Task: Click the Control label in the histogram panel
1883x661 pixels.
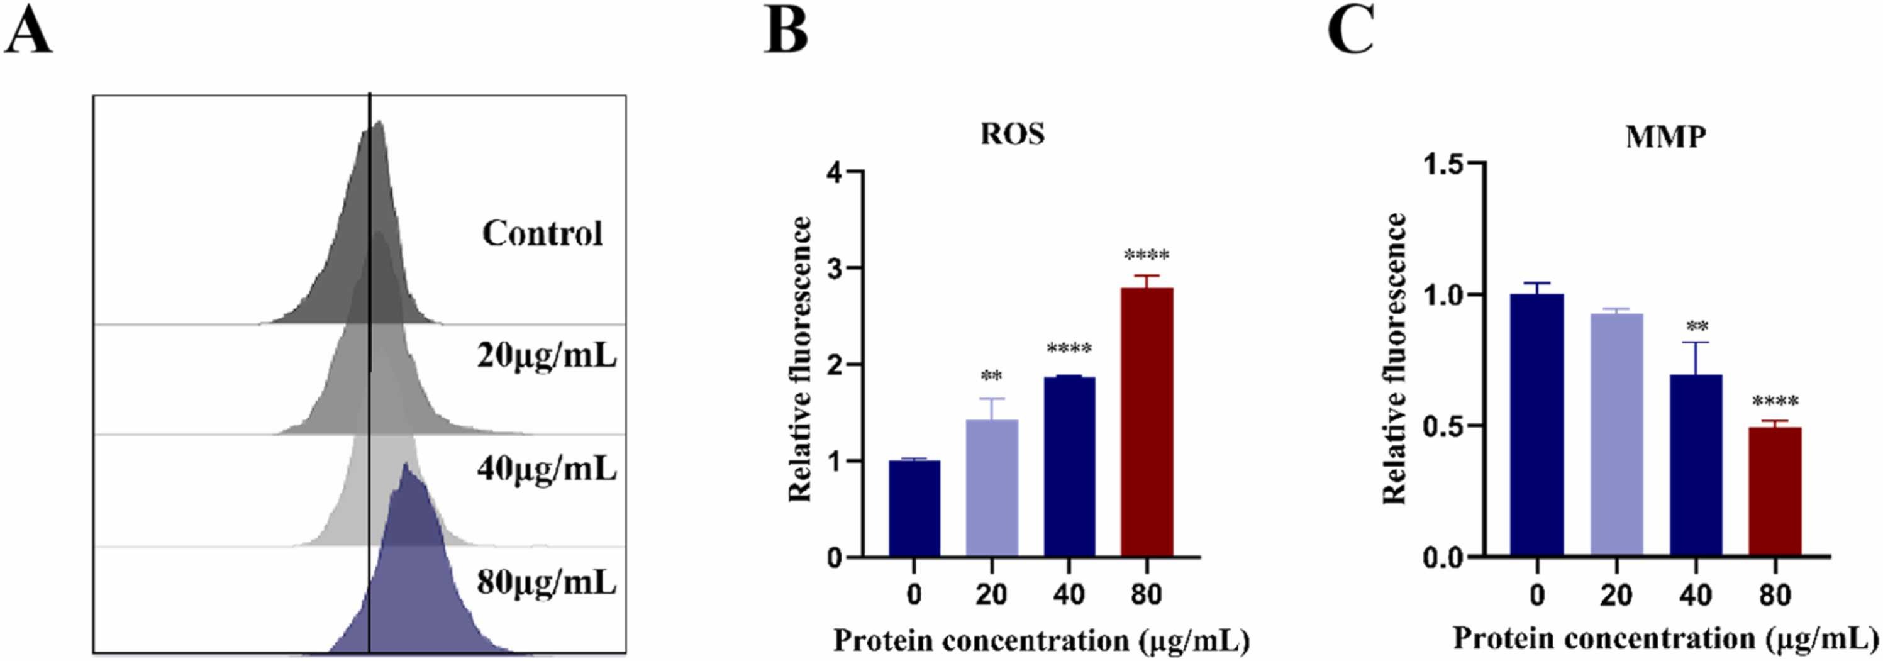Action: click(542, 234)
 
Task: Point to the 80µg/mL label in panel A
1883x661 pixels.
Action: click(547, 583)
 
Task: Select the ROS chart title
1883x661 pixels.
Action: click(1013, 134)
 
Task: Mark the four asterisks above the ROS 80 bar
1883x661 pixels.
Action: click(1146, 255)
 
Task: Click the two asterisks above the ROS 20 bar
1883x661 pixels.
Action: click(991, 377)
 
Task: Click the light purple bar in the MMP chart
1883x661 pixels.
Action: click(1616, 435)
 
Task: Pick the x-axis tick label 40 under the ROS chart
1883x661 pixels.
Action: click(1069, 594)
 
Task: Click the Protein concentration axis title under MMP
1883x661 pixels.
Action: click(1664, 638)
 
